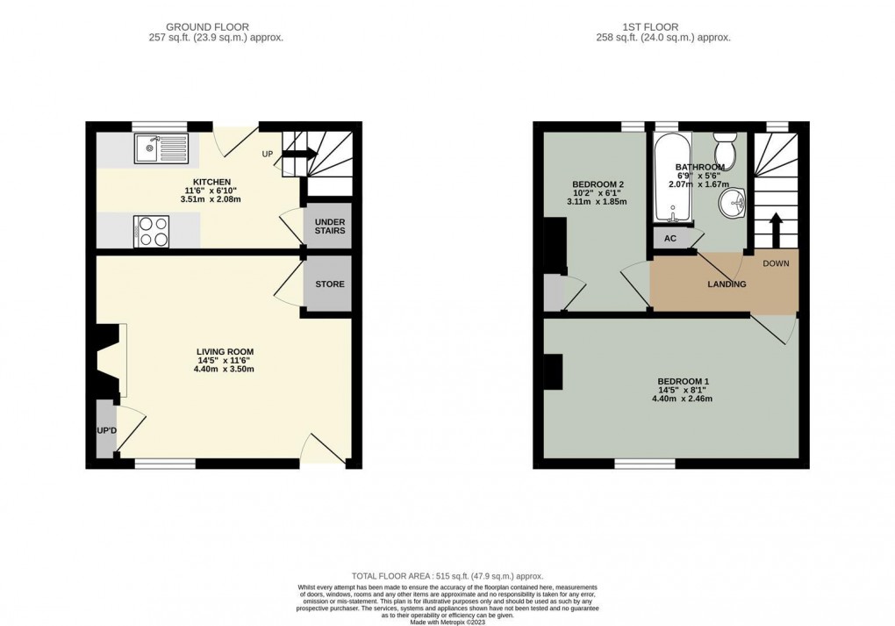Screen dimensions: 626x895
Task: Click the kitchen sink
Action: (161, 149)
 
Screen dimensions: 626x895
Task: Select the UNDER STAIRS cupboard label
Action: (330, 226)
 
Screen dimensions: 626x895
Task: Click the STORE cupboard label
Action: (330, 284)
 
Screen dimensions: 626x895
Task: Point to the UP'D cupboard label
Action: (106, 430)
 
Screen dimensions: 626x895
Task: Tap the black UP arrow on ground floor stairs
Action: (297, 155)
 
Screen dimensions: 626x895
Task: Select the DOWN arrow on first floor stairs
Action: (775, 230)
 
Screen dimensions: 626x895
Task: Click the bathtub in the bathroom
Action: (672, 178)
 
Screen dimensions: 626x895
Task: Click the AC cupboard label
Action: (670, 238)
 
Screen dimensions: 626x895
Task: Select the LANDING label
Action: (727, 284)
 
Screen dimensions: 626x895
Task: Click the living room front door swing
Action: (321, 448)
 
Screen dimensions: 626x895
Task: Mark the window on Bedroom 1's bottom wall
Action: (645, 463)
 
